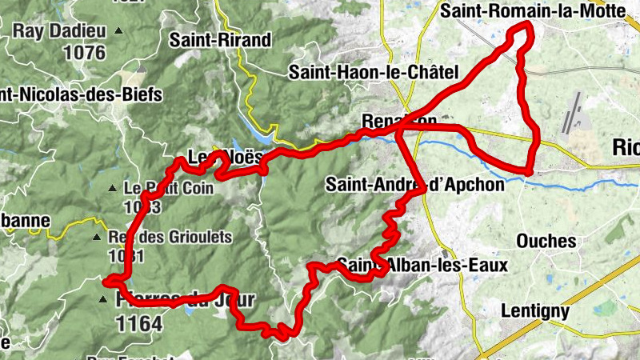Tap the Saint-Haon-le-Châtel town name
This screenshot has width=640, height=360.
click(x=373, y=73)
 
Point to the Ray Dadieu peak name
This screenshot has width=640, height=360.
click(x=59, y=33)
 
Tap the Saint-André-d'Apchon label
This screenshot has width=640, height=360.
click(x=415, y=185)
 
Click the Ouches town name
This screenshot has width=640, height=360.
click(x=546, y=241)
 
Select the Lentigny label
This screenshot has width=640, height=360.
click(x=536, y=310)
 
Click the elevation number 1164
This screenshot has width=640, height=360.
click(x=138, y=324)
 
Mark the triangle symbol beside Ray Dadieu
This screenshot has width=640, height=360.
click(x=119, y=31)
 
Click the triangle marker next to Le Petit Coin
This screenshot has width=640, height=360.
click(x=113, y=190)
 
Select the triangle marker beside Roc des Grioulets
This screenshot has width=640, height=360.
click(x=98, y=238)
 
